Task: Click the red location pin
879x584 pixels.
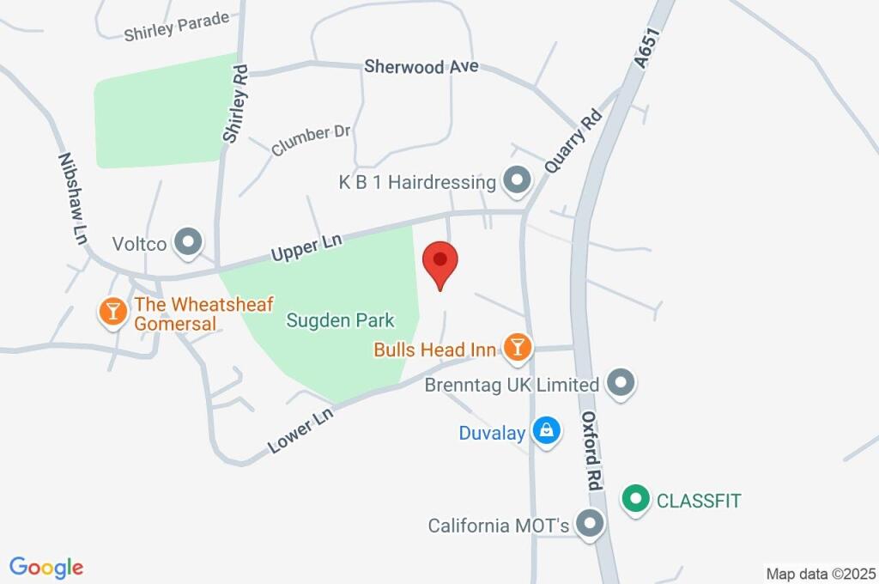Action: point(440,262)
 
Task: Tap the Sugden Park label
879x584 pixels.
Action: point(340,320)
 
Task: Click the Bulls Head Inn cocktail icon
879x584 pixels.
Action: point(518,348)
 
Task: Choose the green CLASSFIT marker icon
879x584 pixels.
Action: point(635,500)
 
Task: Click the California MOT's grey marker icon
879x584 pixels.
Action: point(590,524)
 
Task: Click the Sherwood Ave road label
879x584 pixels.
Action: point(421,66)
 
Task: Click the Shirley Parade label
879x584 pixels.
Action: point(176,27)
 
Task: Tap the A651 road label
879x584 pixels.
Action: point(646,44)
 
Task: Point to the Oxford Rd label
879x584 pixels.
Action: point(591,450)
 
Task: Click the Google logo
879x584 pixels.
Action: point(46,568)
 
